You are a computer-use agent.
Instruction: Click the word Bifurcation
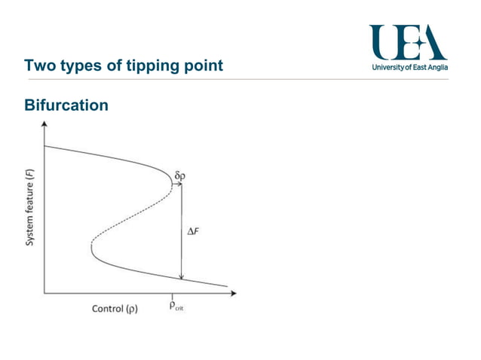pos(66,105)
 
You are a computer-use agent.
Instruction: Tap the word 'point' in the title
pos(202,66)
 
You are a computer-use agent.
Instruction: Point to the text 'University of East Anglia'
pos(410,68)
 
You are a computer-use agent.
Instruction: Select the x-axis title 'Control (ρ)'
pos(115,309)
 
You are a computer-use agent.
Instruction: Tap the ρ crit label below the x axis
pos(175,308)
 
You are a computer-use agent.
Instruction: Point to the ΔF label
pos(193,233)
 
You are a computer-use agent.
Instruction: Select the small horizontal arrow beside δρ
pos(180,184)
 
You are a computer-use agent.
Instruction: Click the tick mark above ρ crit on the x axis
pos(173,295)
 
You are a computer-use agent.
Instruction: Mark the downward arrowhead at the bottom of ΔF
pos(182,276)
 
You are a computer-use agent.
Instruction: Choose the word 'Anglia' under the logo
pos(437,68)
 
